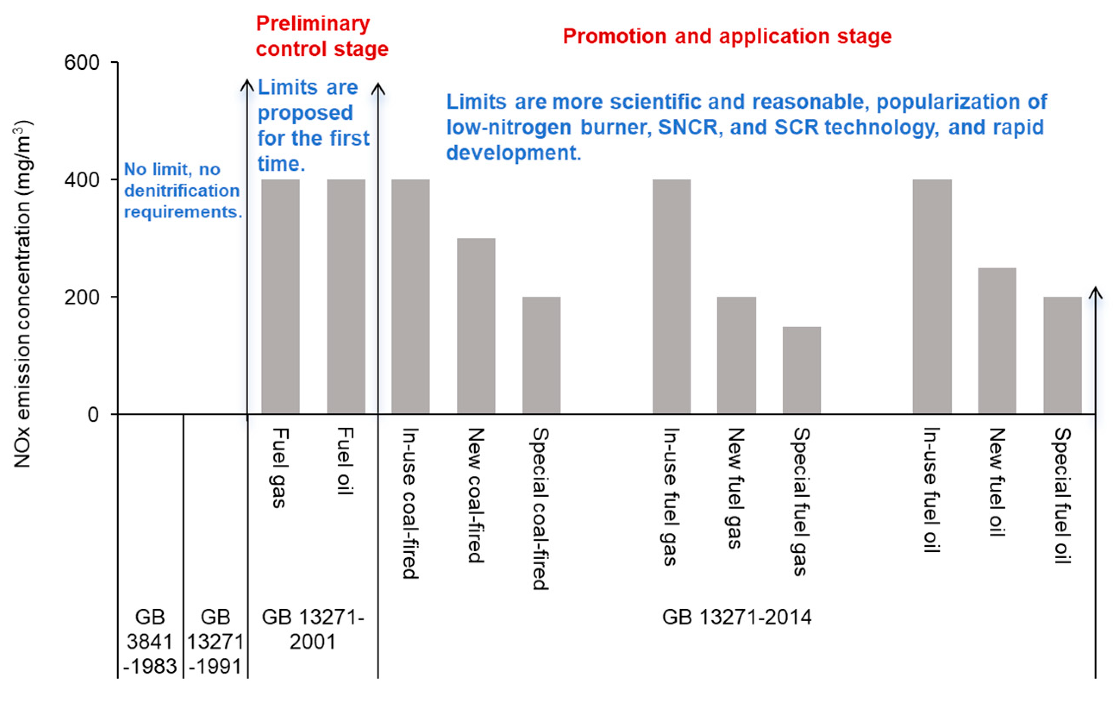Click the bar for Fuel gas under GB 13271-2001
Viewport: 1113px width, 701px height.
coord(280,296)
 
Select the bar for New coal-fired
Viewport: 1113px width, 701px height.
coord(475,325)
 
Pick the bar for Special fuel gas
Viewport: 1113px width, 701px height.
coord(801,370)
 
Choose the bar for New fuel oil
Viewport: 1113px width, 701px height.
coord(997,340)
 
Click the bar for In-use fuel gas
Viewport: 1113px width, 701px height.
coord(671,296)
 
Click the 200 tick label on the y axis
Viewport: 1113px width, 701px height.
coord(82,297)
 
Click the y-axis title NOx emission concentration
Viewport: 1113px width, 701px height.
coord(22,294)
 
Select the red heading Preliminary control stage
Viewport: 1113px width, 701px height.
coord(322,36)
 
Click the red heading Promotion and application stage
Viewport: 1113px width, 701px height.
coord(727,36)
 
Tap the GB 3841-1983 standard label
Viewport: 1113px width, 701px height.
coord(150,642)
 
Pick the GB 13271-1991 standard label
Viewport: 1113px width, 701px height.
coord(216,642)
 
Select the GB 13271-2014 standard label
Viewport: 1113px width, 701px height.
coord(736,617)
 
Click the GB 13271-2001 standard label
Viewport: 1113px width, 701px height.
coord(313,629)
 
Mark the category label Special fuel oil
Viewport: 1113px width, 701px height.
coord(1062,495)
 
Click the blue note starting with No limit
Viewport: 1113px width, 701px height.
coord(183,191)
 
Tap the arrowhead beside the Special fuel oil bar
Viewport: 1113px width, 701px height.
coord(1095,293)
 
